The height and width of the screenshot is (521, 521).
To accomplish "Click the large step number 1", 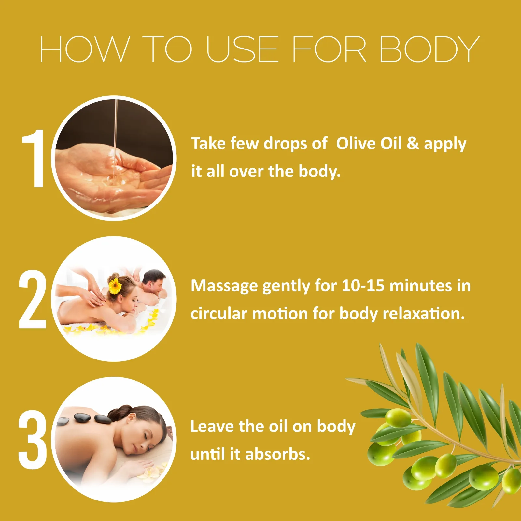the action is [x=34, y=158].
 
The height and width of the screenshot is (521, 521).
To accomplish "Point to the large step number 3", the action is [x=32, y=440].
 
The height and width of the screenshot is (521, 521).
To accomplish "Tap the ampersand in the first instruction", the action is [x=413, y=143].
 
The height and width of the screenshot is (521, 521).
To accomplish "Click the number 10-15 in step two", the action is [x=363, y=286].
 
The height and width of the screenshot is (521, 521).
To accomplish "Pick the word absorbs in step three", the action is [x=277, y=454].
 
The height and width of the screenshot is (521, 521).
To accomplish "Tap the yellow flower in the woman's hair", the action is [x=115, y=286].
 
